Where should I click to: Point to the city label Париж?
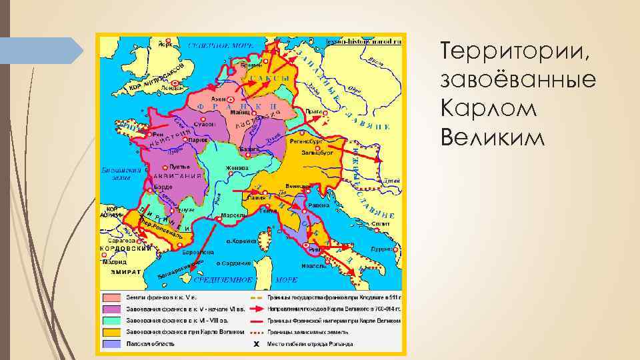(195, 141)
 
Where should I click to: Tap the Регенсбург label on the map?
(307, 141)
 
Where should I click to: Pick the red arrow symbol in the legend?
(255, 309)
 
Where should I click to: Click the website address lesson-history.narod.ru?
(370, 41)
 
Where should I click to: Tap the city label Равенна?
(317, 206)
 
